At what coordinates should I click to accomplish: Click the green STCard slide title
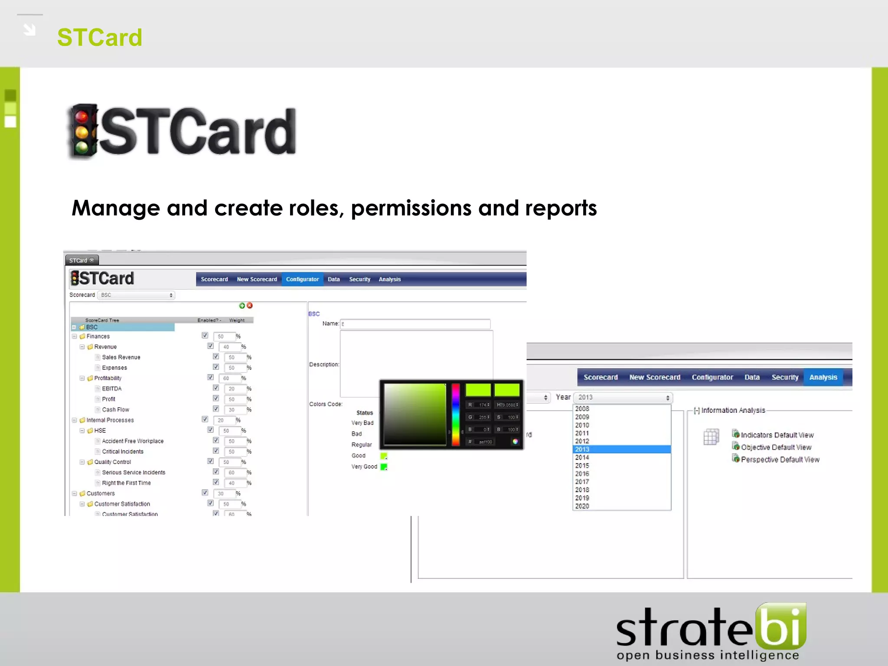coord(100,37)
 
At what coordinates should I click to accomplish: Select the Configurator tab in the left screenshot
coord(302,279)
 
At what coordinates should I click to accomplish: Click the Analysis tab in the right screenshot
coord(823,377)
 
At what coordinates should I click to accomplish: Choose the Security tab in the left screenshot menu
coord(359,279)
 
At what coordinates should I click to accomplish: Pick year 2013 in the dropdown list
coord(582,449)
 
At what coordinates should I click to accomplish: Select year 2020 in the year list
coord(582,506)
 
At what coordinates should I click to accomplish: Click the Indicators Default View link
coord(777,435)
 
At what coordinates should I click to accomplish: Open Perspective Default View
coord(780,460)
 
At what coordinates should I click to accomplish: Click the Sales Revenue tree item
coord(121,357)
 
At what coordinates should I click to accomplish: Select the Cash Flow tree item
coord(115,410)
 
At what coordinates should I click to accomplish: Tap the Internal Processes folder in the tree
coord(110,420)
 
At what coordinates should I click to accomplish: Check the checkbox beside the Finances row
coord(205,336)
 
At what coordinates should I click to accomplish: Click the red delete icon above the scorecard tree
coord(250,306)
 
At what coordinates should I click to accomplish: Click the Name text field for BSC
coord(415,324)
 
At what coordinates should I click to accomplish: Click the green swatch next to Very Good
coord(384,467)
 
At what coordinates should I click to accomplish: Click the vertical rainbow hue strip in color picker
coord(456,414)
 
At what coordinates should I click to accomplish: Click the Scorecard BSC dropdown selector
coord(136,295)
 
